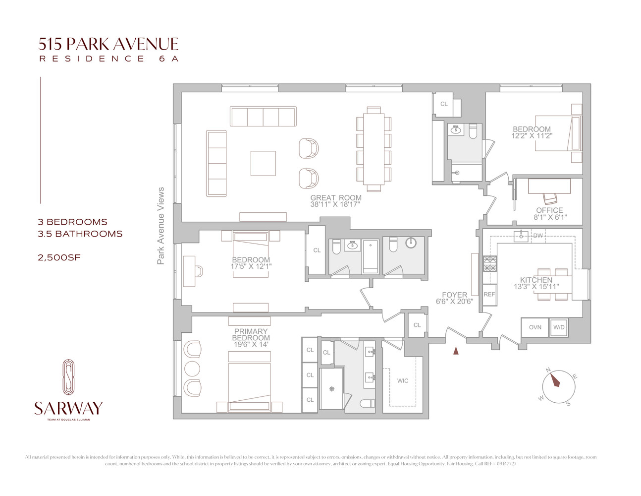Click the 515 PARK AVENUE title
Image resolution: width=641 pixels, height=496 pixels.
coord(108,44)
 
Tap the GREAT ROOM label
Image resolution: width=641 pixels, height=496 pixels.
coord(336,198)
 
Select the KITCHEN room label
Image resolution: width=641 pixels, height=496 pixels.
coord(536,280)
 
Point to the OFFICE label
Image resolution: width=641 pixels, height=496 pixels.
coord(549,210)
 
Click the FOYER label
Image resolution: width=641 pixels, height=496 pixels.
coord(454,295)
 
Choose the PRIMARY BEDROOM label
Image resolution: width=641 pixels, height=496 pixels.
coord(251,335)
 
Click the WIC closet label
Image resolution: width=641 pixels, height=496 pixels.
coord(403,381)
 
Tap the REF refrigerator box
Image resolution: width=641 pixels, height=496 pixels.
coord(489,295)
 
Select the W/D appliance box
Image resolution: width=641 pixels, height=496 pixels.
coord(559,327)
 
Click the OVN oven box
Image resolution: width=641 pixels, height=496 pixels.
coord(535,327)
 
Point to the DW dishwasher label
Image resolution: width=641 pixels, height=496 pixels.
coord(538,236)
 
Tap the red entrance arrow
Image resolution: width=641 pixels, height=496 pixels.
coord(456,351)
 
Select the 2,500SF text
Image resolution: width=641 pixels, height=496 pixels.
coord(59,257)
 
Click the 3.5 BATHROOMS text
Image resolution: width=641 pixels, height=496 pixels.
coord(80,234)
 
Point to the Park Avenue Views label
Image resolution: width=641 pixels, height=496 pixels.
coord(161,226)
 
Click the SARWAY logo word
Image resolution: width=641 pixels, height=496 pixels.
coord(68,408)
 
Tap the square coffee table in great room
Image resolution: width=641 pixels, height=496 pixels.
coord(263,163)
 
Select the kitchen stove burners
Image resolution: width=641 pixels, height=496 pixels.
coord(490,264)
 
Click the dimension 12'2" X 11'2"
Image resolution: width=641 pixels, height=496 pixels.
coord(532,136)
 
